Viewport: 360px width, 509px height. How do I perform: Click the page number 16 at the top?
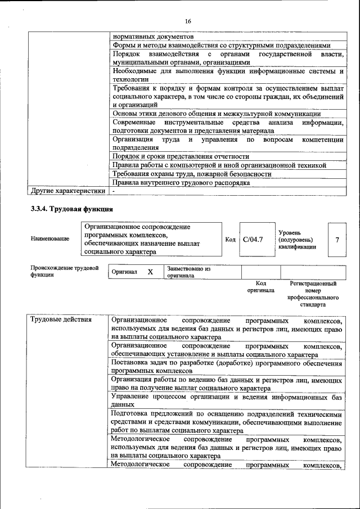tap(188, 21)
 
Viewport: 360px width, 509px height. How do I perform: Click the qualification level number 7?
tap(336, 240)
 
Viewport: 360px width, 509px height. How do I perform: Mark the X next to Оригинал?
tap(150, 272)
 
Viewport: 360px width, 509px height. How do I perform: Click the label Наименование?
tap(50, 238)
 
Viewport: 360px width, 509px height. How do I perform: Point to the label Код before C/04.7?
tap(230, 240)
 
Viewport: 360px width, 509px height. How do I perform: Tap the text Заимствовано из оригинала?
tap(188, 272)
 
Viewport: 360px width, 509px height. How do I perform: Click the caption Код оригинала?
tap(260, 287)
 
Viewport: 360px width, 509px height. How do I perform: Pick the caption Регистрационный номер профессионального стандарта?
tap(313, 294)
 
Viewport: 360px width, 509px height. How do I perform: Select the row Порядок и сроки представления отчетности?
tap(181, 156)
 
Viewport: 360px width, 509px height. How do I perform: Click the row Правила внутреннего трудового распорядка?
tap(181, 183)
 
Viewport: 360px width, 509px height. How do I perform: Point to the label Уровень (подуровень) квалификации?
tap(297, 240)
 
